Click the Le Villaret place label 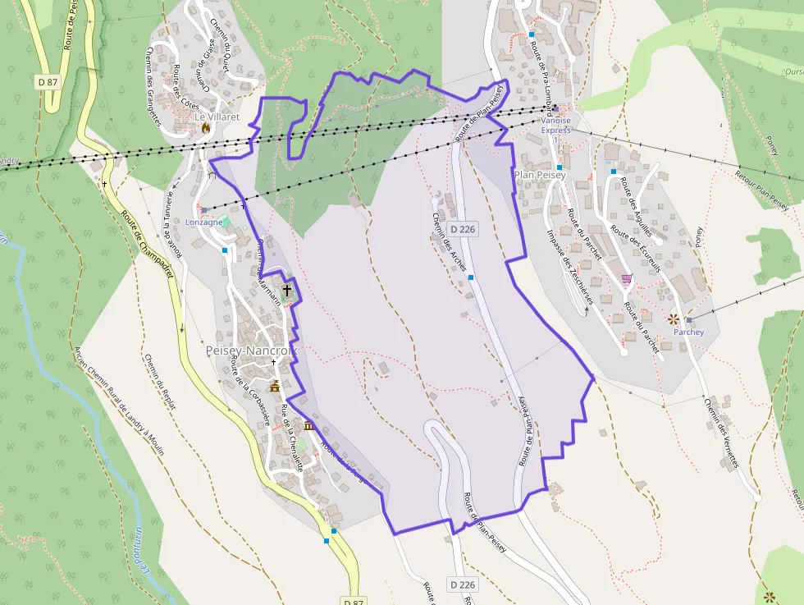[217, 117]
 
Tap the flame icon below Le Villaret [206, 128]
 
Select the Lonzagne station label [204, 222]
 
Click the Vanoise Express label [555, 125]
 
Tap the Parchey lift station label [688, 332]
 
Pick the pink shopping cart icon [628, 280]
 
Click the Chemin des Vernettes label [721, 433]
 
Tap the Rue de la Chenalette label [292, 438]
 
